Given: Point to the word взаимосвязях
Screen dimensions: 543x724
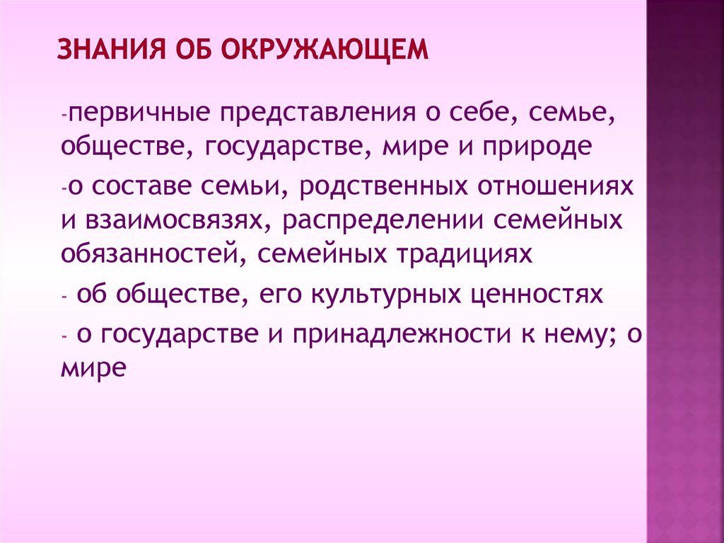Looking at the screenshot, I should pos(175,220).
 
